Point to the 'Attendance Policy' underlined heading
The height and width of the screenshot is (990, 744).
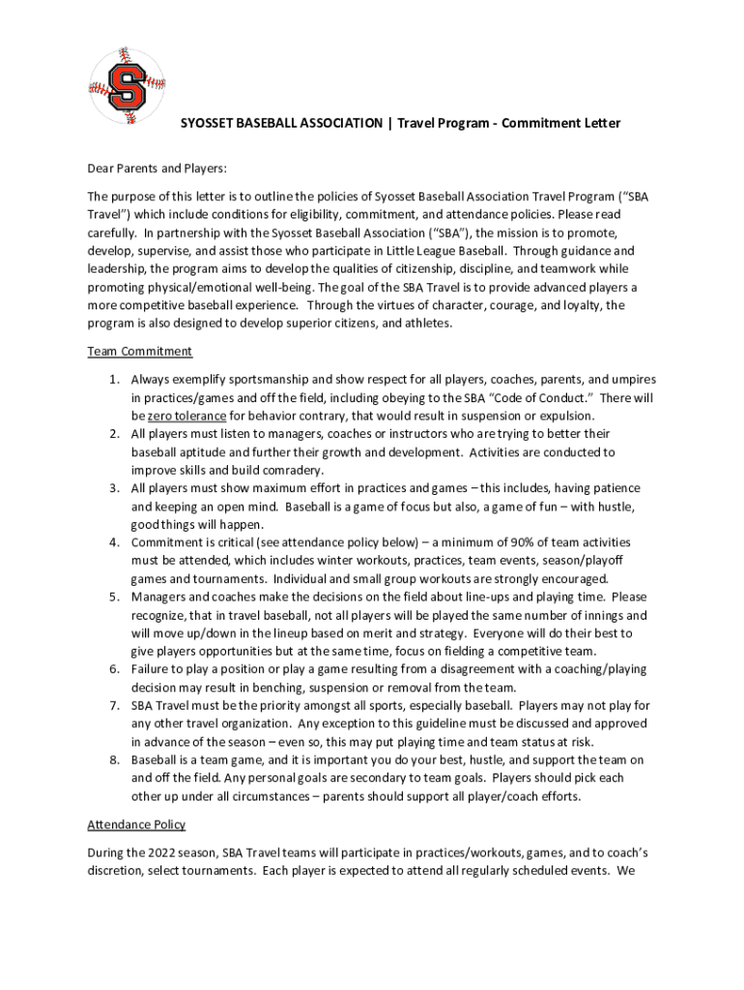pos(137,825)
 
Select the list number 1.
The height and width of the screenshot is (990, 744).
pos(113,380)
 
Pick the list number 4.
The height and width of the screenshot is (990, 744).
pos(113,542)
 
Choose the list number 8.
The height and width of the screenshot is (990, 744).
pos(113,760)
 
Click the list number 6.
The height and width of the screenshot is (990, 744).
pos(113,669)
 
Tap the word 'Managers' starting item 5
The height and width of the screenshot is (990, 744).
pos(158,597)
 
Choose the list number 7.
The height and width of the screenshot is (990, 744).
pos(113,706)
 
